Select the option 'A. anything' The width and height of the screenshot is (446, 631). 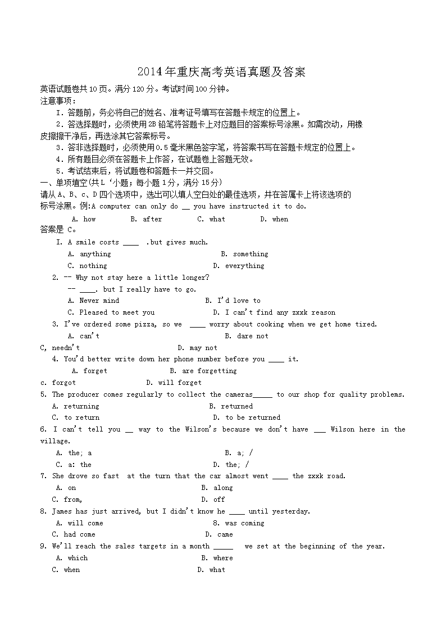click(89, 254)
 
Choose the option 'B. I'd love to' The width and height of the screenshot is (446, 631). click(233, 301)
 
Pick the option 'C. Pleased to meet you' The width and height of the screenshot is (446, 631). click(111, 312)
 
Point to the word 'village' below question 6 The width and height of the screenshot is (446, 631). click(54, 441)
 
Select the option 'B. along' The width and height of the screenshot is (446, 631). click(217, 488)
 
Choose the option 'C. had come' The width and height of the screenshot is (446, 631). click(74, 534)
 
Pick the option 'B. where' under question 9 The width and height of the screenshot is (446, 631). click(217, 558)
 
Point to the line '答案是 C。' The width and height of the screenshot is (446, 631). click(58, 229)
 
